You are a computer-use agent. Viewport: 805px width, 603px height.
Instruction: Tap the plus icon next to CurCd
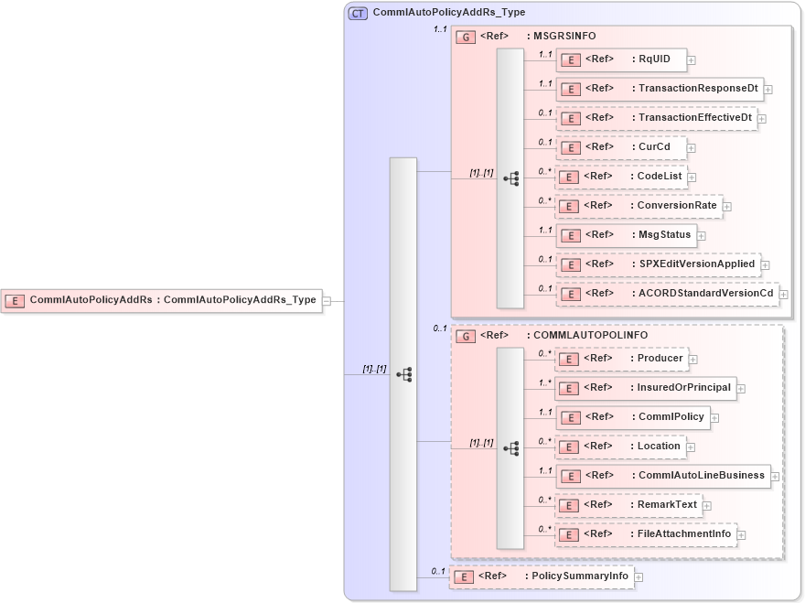tap(692, 147)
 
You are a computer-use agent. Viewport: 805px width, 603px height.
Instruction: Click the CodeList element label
tap(660, 176)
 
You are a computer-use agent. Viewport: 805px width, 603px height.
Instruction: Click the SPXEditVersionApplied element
tap(657, 264)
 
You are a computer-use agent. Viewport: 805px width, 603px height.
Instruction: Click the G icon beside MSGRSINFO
tap(465, 37)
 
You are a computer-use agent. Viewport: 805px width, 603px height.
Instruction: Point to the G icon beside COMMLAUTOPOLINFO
tap(465, 336)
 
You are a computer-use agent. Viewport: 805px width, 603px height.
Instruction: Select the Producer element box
tap(621, 359)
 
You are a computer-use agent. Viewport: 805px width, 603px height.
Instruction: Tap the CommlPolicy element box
tap(632, 417)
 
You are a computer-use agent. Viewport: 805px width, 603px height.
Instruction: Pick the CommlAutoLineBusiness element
tap(662, 476)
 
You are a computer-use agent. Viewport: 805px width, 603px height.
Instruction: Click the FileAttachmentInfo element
tap(645, 534)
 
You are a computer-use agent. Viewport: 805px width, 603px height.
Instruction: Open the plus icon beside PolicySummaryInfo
tap(639, 577)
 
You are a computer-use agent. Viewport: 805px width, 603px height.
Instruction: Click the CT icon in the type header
tap(359, 13)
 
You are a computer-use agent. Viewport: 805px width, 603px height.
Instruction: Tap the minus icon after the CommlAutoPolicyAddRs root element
tap(327, 300)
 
